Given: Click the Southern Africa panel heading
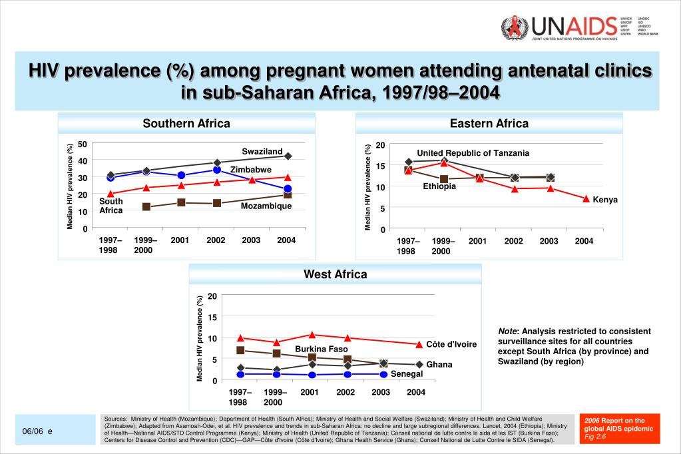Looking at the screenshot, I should [x=186, y=123].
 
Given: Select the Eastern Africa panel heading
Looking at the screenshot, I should [x=489, y=123].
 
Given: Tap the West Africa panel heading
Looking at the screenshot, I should [x=335, y=274].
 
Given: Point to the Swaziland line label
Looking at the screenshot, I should [x=262, y=152].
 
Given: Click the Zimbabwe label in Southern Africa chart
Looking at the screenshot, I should [x=251, y=170].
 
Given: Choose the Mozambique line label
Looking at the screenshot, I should [x=266, y=206].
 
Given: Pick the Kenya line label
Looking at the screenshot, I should [x=605, y=200].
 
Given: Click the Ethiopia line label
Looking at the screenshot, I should [x=439, y=186].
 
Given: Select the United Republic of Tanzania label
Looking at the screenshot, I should [x=473, y=153].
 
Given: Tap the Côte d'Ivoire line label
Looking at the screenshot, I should [x=451, y=344].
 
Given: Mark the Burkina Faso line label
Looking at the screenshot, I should [x=322, y=349].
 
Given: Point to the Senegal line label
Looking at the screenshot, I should [x=407, y=374].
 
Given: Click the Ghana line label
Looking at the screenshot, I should [x=439, y=365].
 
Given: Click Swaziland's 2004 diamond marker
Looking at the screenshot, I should [x=288, y=156].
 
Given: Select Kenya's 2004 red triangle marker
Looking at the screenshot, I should [x=586, y=199].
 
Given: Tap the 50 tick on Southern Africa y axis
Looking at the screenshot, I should [x=82, y=144].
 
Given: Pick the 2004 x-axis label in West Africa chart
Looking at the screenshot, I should [x=415, y=392].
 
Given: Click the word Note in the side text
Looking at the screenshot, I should [x=509, y=332].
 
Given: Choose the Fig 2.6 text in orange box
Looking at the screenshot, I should [x=595, y=437].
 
